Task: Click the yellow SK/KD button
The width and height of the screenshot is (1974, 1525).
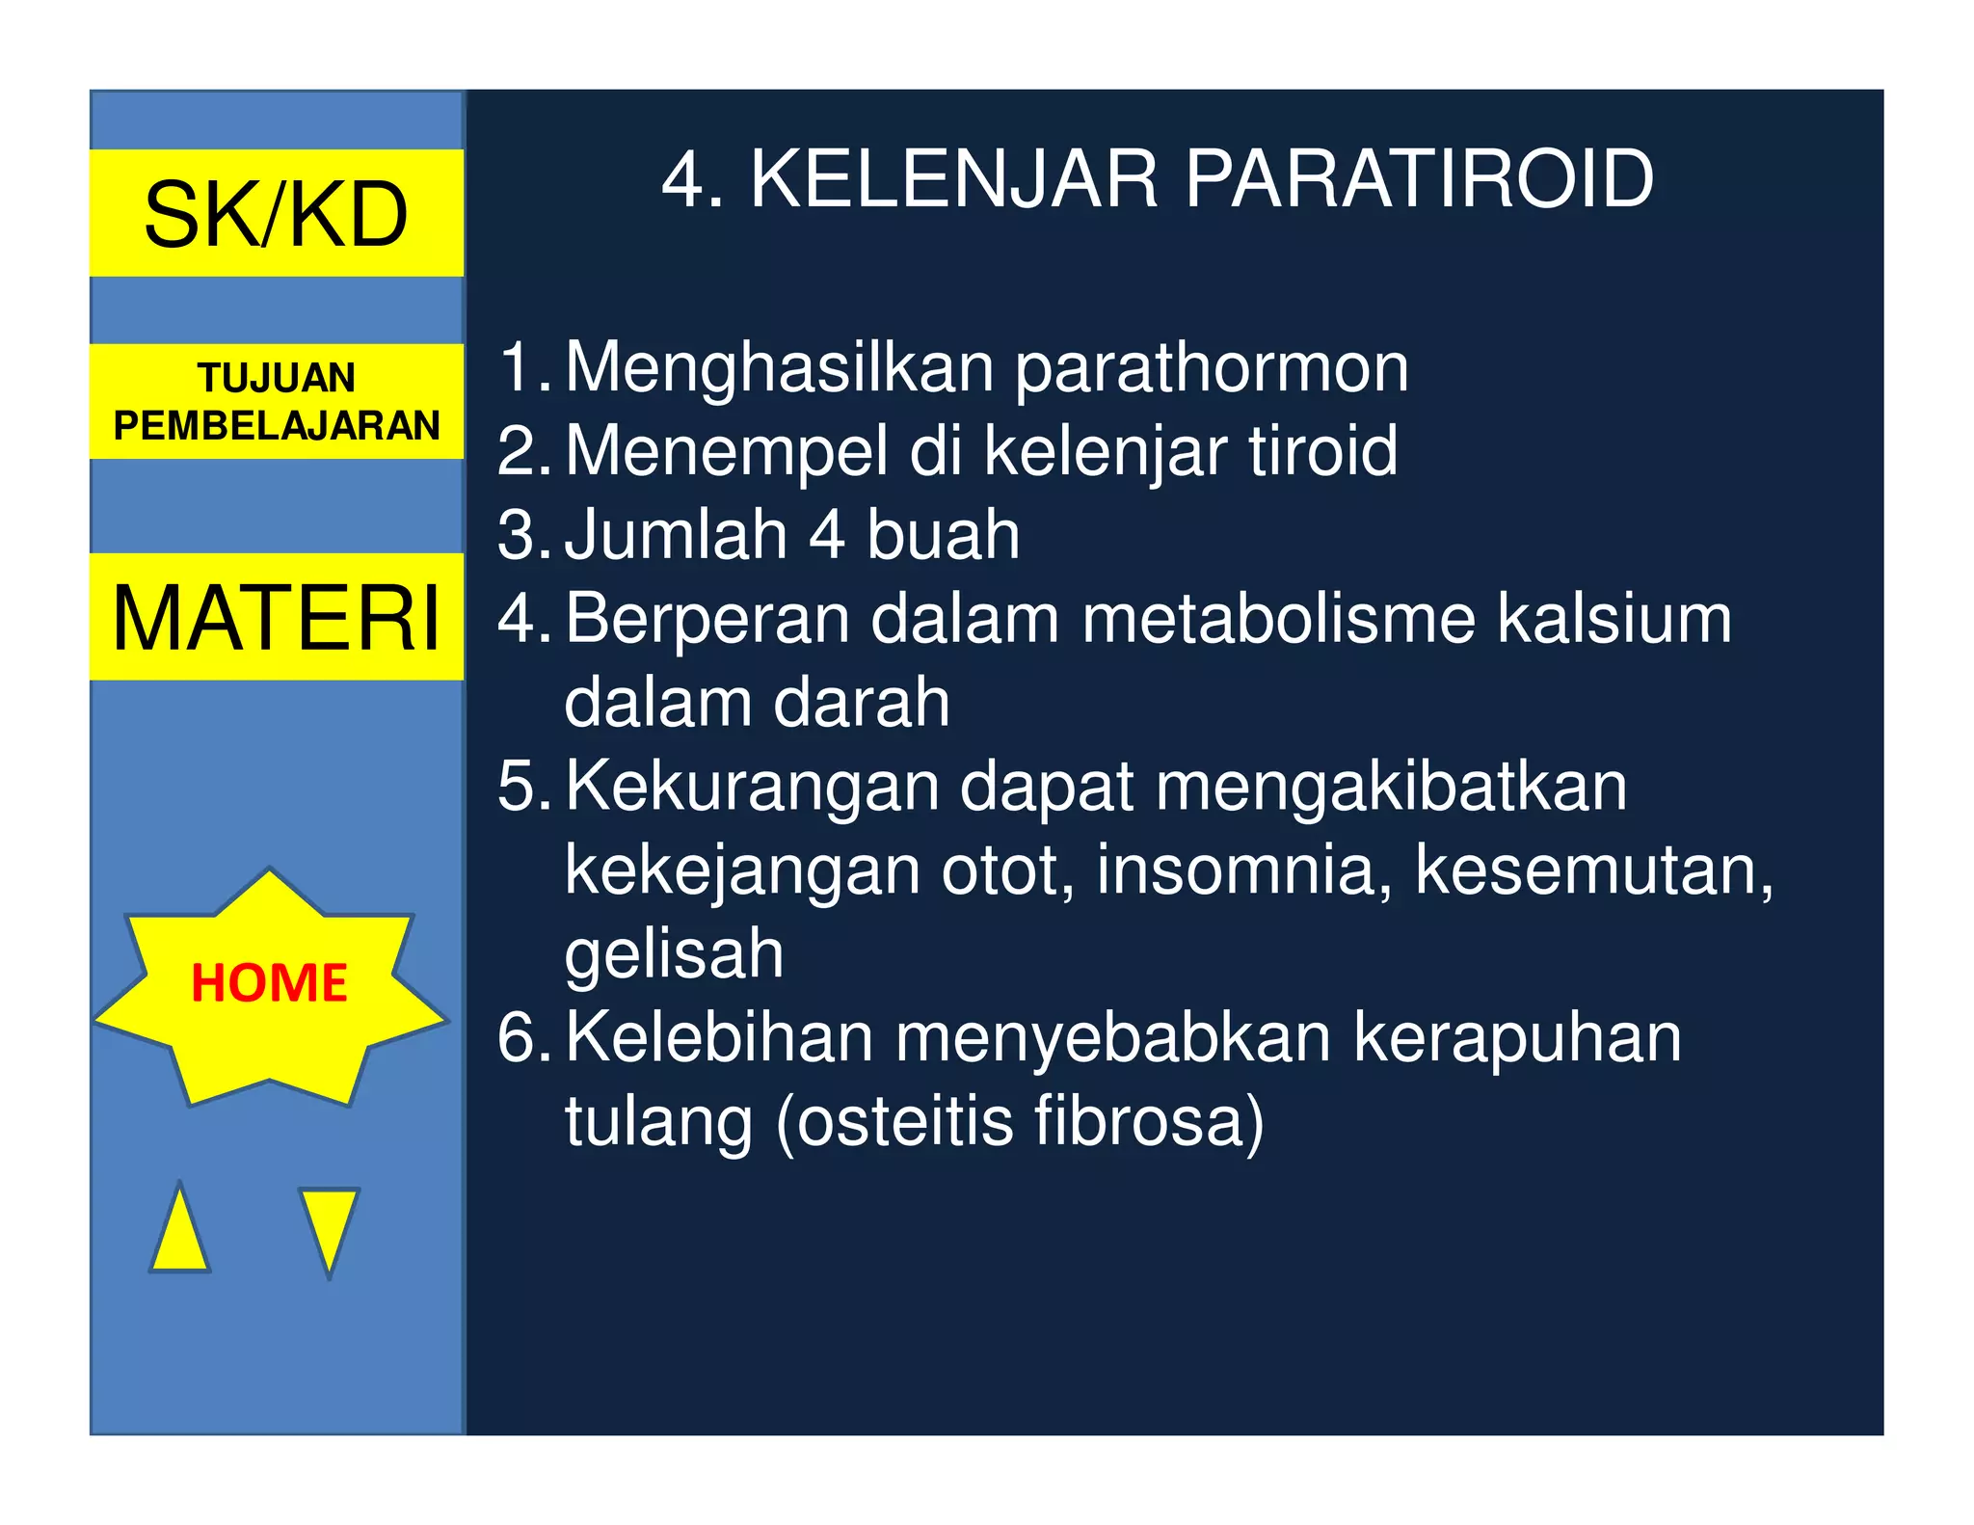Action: pyautogui.click(x=277, y=213)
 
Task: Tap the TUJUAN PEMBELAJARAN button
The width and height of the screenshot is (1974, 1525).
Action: pyautogui.click(x=277, y=401)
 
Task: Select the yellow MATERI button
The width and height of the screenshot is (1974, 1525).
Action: pyautogui.click(x=277, y=617)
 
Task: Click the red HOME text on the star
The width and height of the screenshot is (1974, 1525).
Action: pyautogui.click(x=269, y=982)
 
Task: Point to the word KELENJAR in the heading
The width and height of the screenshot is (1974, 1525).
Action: pyautogui.click(x=953, y=179)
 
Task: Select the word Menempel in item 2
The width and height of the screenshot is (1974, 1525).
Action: pyautogui.click(x=726, y=451)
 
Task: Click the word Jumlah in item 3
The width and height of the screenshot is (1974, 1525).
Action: pyautogui.click(x=676, y=535)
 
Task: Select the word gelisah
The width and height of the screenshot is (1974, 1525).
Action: pyautogui.click(x=674, y=954)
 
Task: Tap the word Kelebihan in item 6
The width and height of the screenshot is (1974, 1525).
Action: pyautogui.click(x=719, y=1037)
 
